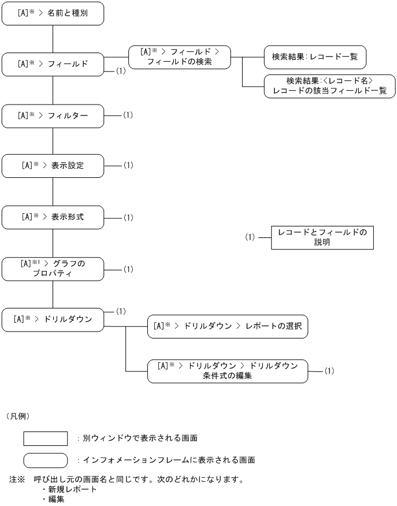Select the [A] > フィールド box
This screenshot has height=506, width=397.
pos(53,64)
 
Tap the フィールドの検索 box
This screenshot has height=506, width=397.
pos(179,57)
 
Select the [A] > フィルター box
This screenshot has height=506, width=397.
pos(53,116)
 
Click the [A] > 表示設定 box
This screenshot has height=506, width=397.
pos(53,166)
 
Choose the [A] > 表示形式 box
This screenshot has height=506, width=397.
pos(53,217)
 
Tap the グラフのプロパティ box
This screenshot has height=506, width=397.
pos(53,269)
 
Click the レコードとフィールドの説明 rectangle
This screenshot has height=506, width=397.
pos(322,237)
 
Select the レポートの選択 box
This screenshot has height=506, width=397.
pos(228,326)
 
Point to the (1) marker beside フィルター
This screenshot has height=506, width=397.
pos(128,115)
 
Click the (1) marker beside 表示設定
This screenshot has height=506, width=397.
pos(128,165)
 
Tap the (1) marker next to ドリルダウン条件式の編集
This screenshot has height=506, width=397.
pos(329,370)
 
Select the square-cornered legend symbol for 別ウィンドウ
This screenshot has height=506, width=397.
pos(46,438)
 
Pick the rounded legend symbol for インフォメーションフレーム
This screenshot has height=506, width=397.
pos(46,460)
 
